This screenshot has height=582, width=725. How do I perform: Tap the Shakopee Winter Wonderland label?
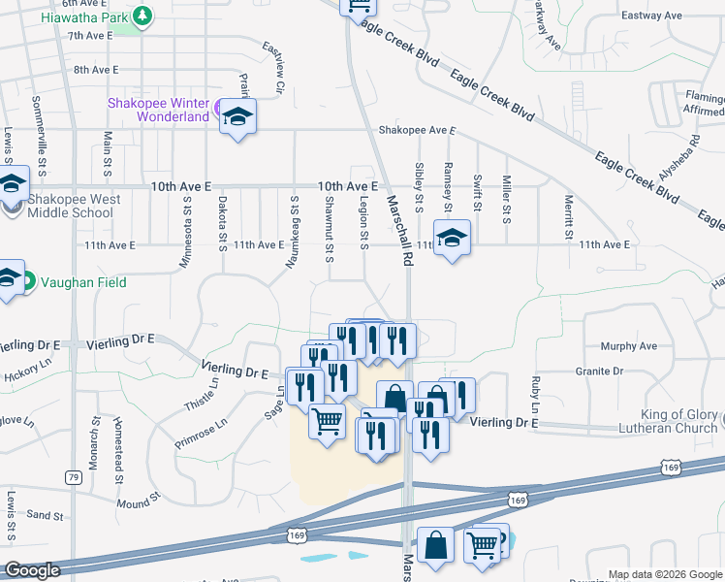coord(159,110)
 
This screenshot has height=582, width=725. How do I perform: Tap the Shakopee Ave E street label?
coord(417,129)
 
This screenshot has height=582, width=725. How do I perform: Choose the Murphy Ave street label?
coord(629,346)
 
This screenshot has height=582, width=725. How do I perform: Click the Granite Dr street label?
coord(624,372)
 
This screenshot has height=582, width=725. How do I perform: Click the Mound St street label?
coord(133,503)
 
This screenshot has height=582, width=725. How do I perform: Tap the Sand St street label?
coord(45,514)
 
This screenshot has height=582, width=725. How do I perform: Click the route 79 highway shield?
coord(74,476)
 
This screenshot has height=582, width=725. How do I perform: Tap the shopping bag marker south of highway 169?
coord(435,544)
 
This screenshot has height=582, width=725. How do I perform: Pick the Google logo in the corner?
coord(32,570)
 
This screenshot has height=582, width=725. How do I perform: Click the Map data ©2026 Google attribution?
coord(664,574)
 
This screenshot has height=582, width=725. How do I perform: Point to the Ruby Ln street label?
coord(534,391)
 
